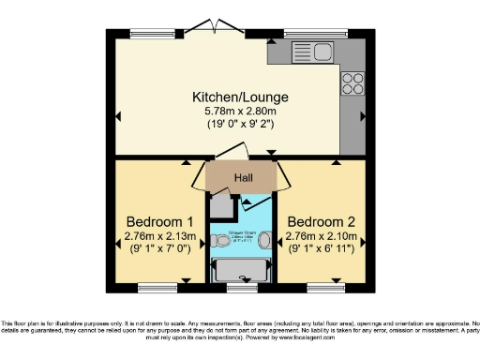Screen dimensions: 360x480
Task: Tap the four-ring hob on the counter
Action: [353, 83]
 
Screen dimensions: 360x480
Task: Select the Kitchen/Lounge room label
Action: [240, 97]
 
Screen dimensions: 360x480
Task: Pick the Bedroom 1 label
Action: [159, 221]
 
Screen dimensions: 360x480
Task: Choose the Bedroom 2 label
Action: [322, 221]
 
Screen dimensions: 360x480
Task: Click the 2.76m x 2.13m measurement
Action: [159, 236]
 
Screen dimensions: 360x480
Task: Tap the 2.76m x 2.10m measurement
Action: [322, 236]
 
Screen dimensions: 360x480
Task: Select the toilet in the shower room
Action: [220, 241]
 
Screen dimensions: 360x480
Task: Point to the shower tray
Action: [242, 270]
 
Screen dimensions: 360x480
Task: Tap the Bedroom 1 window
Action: [158, 283]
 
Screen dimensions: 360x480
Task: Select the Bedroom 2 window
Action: [323, 283]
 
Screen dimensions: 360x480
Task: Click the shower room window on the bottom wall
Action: [242, 283]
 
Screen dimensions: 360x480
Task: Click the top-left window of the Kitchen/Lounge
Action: [157, 36]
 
